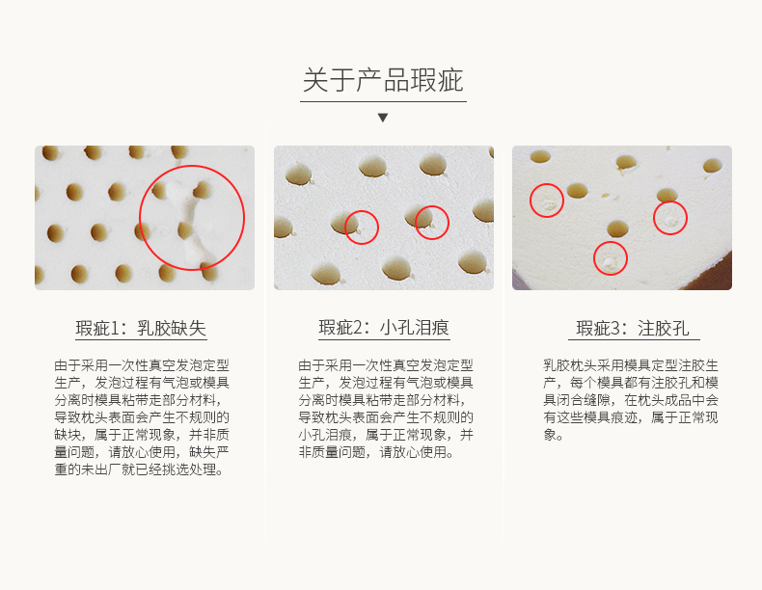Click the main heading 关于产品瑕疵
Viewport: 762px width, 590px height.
(x=383, y=80)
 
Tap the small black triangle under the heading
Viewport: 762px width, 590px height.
(x=383, y=118)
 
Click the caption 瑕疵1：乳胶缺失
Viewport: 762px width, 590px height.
(x=141, y=329)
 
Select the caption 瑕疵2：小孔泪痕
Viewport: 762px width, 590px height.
(x=384, y=329)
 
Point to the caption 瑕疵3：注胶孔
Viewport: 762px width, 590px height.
(x=633, y=329)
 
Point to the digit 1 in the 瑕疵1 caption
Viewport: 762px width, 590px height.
(x=115, y=329)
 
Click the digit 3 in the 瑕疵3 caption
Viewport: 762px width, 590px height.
(x=615, y=329)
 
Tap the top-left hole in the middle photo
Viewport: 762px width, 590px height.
(x=298, y=174)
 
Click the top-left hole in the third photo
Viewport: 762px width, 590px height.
(x=540, y=156)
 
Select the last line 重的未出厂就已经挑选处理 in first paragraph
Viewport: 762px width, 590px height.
(x=139, y=469)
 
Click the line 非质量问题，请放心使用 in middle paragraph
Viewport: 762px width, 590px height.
(x=376, y=452)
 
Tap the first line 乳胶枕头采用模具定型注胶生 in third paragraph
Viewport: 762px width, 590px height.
(x=630, y=365)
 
